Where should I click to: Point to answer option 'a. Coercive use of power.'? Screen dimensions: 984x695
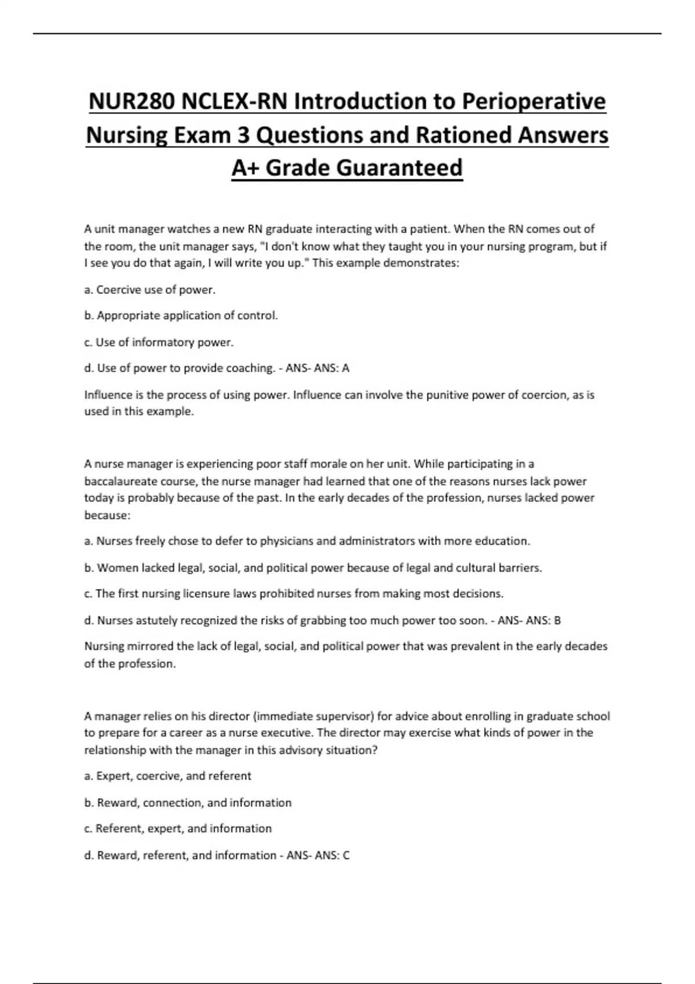point(150,290)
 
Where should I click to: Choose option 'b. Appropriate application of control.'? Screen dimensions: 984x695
point(181,316)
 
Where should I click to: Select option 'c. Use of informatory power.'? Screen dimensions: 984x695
point(159,342)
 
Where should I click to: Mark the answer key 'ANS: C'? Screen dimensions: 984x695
point(332,855)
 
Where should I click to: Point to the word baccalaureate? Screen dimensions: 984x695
point(120,481)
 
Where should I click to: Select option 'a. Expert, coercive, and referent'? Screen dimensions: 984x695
point(168,776)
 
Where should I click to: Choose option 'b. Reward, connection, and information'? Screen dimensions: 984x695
point(188,803)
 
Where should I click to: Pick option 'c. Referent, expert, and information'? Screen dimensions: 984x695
point(178,829)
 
